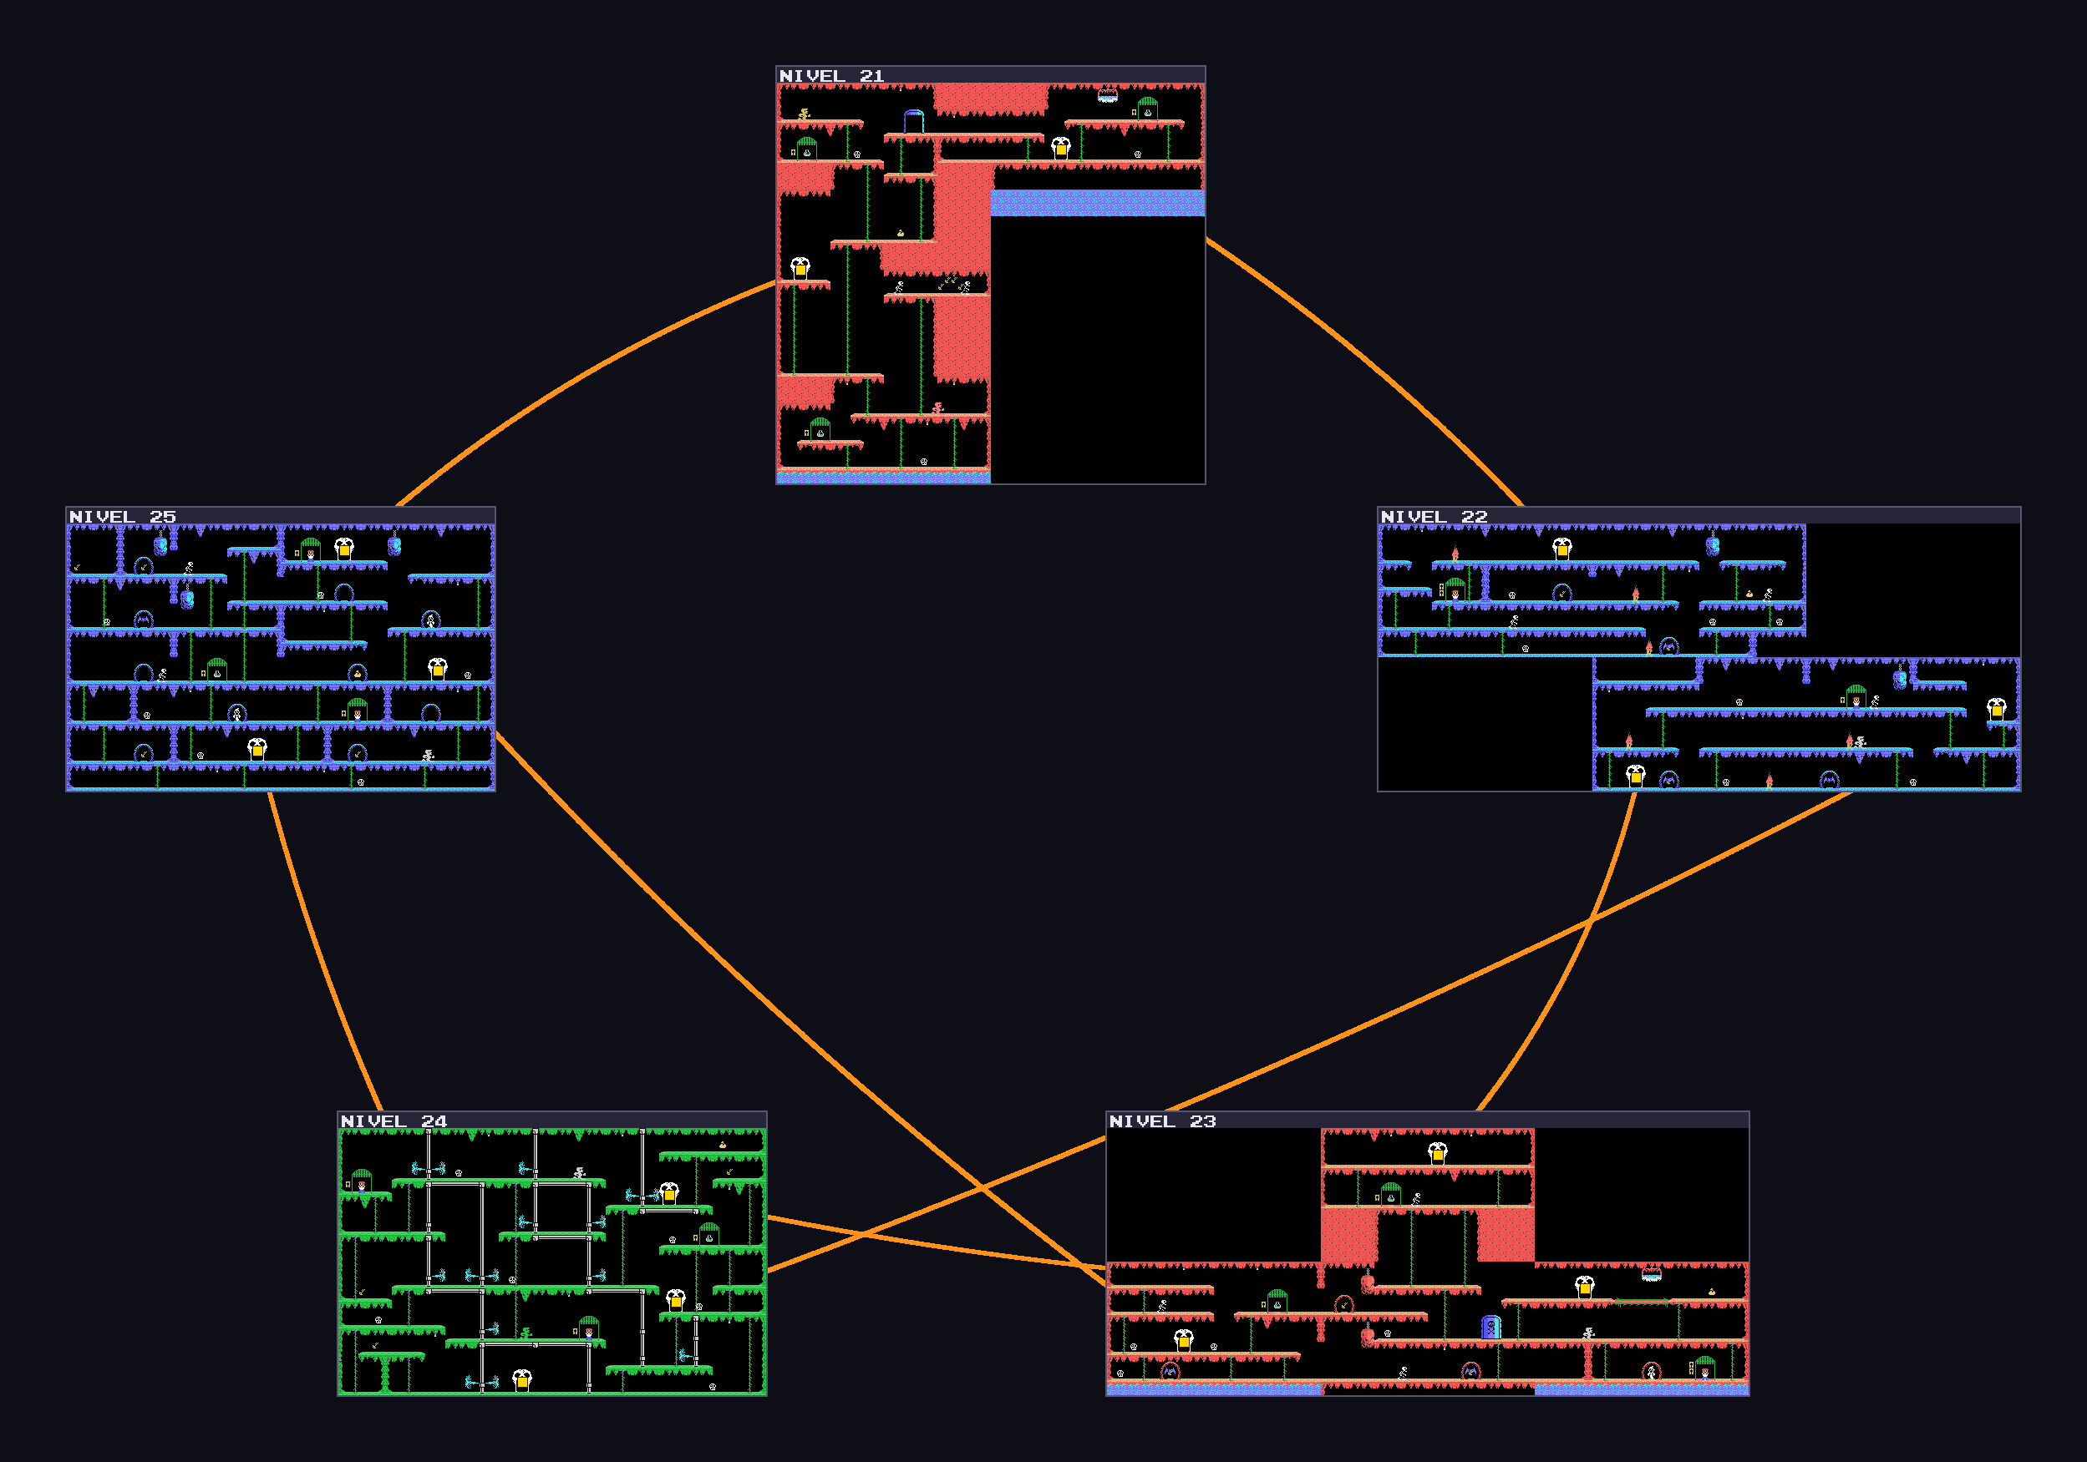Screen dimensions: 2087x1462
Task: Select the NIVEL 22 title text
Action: click(1434, 517)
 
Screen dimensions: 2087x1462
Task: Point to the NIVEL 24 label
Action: click(394, 1121)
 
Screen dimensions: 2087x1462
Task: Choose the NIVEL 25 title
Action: click(123, 517)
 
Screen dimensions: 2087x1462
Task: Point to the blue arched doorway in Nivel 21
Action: click(913, 121)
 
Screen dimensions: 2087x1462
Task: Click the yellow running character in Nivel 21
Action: click(804, 114)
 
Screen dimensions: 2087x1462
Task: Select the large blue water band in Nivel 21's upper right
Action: click(1097, 203)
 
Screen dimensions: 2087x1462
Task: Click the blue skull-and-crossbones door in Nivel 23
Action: click(1490, 1328)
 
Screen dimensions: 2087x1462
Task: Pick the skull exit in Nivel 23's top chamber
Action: click(1437, 1153)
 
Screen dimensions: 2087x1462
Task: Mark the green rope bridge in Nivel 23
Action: click(1642, 1302)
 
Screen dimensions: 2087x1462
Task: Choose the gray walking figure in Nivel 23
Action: click(1588, 1333)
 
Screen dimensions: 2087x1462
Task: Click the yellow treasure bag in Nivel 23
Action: click(1712, 1292)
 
